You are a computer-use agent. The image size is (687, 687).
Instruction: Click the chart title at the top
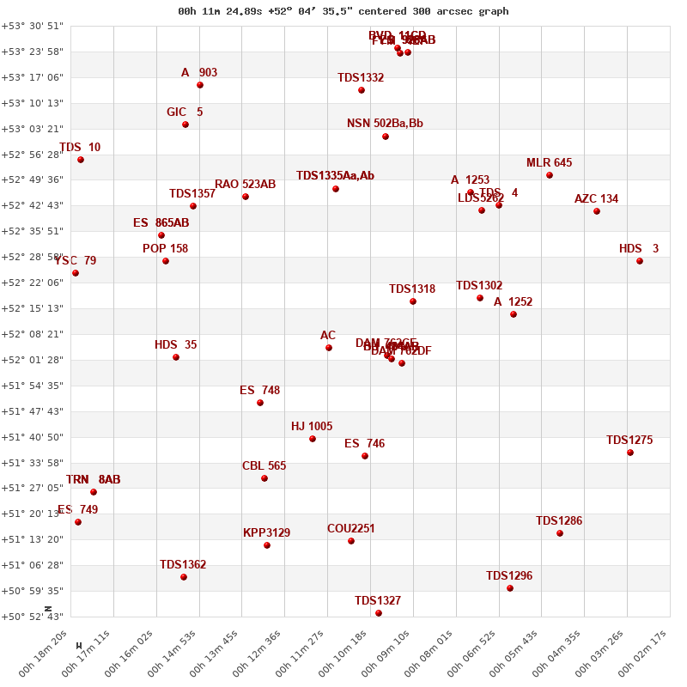coord(343,11)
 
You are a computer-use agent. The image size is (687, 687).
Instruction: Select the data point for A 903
coord(200,85)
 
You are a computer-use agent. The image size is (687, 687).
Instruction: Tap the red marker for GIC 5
coord(185,125)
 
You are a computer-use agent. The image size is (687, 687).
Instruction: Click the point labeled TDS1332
coord(362,90)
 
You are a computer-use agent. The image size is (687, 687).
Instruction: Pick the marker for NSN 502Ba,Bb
coord(386,137)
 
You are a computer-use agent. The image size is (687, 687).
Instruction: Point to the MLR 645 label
coord(549,163)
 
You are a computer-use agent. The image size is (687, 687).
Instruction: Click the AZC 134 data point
coord(597,211)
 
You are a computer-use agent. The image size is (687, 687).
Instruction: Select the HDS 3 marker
coord(640,261)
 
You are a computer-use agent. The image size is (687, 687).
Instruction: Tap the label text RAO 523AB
coord(245,185)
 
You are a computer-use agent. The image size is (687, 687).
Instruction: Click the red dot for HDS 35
coord(176,357)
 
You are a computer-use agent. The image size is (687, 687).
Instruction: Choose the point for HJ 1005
coord(313,439)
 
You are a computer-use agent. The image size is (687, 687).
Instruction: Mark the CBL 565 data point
coord(264,478)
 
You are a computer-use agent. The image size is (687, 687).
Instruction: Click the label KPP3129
coord(266,533)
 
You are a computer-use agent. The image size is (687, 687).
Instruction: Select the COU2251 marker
coord(351,541)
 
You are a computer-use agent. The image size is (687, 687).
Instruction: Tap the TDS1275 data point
coord(630,453)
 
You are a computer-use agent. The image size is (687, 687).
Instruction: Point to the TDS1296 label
coord(509,576)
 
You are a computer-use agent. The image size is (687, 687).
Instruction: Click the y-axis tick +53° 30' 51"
coord(32,26)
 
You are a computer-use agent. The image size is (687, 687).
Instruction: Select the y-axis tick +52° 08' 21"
coord(32,334)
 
